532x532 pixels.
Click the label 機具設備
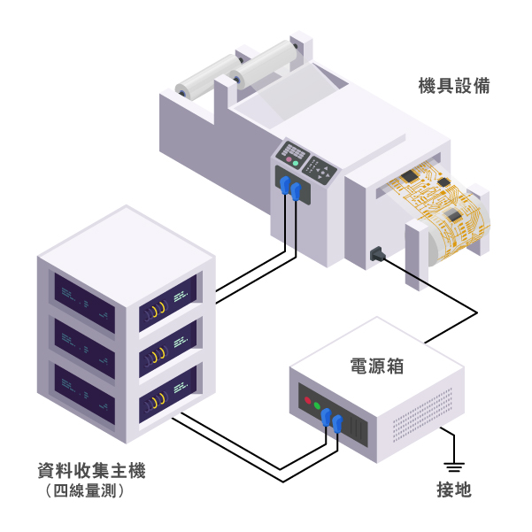[454, 87]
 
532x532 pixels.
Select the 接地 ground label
[453, 489]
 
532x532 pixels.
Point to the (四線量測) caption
[83, 490]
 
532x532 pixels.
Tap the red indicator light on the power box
[308, 401]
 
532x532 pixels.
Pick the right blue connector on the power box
[337, 423]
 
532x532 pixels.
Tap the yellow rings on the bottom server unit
[157, 399]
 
